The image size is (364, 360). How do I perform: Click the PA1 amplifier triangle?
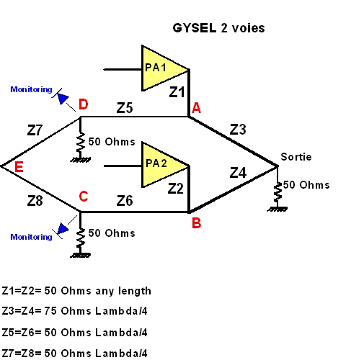coord(161,68)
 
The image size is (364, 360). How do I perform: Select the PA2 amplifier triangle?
coord(161,165)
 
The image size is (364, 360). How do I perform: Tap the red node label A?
coord(196,108)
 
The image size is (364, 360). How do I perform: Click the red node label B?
coord(196,223)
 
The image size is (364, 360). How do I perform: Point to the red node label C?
coord(84,197)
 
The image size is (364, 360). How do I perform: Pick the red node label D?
coord(84,104)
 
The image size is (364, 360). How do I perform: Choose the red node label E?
coord(19,167)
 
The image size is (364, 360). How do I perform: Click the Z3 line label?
coord(238,130)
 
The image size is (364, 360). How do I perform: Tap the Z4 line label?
coord(238,173)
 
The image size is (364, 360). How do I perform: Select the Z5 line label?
coord(125,108)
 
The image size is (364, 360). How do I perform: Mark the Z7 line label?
coord(35,130)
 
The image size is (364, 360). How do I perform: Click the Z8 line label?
coord(35,201)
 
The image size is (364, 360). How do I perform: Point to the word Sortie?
coord(296,157)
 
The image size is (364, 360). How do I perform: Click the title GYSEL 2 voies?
coord(218,28)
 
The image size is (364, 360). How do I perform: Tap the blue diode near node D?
coord(61,96)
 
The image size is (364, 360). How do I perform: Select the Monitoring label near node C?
coord(31,237)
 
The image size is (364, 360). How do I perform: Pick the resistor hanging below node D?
coord(81,143)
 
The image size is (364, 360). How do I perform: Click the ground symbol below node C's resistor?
coord(81,255)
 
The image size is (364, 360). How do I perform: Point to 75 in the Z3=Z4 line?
coord(50,311)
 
